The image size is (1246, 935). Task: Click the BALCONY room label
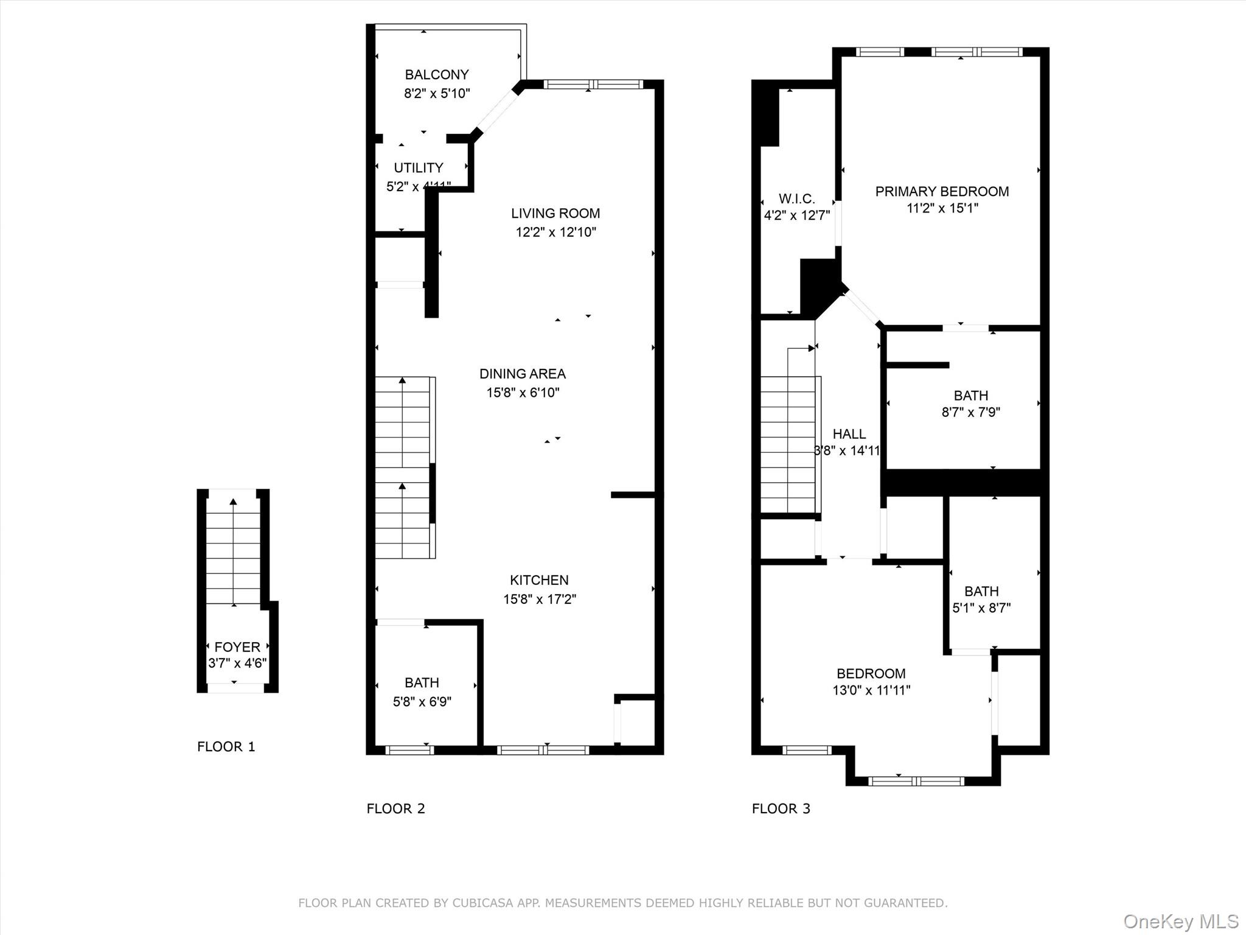click(436, 75)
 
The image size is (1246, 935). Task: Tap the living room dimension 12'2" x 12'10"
click(555, 232)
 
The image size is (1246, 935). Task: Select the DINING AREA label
click(522, 374)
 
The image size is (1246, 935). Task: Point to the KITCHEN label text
click(539, 580)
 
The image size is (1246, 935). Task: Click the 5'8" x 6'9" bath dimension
click(422, 702)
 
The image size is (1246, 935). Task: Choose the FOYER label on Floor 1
click(237, 647)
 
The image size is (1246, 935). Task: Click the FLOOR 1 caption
click(226, 746)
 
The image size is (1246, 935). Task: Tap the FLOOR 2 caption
click(395, 808)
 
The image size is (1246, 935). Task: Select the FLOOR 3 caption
click(781, 808)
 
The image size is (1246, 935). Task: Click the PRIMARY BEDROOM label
click(942, 192)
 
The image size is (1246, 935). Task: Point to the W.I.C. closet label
click(796, 199)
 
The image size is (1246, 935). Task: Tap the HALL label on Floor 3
click(849, 434)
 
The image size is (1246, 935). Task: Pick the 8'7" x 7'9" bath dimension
click(970, 412)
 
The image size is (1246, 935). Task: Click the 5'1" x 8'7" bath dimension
click(981, 608)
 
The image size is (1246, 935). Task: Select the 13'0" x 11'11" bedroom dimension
click(871, 690)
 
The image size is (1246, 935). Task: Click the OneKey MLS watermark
click(1180, 922)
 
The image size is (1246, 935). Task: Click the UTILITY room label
click(418, 168)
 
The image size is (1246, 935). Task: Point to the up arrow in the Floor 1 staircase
click(233, 503)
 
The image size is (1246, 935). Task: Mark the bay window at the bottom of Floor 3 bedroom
click(916, 781)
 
